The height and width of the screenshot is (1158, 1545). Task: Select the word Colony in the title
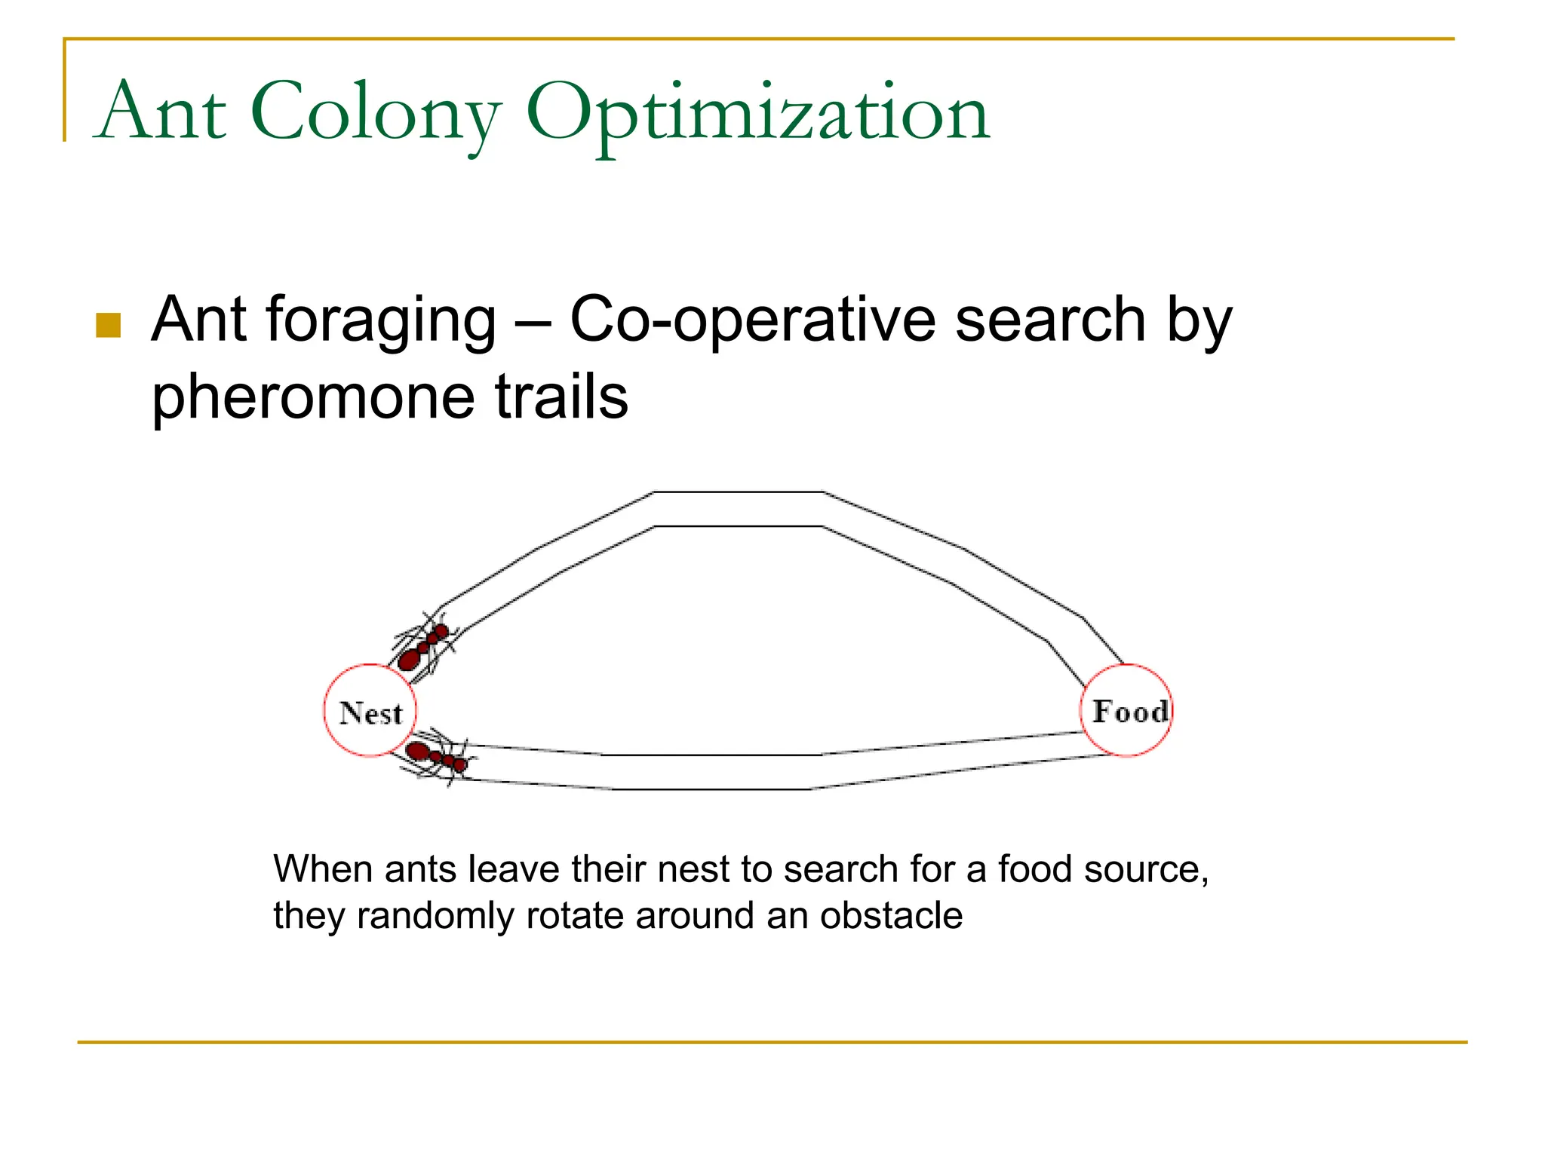pos(376,113)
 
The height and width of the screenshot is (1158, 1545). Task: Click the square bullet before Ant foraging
pos(109,326)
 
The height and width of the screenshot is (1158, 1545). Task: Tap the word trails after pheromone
pos(561,397)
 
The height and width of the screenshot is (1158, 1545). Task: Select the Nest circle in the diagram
pos(370,710)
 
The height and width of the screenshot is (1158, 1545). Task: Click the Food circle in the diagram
pos(1127,710)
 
